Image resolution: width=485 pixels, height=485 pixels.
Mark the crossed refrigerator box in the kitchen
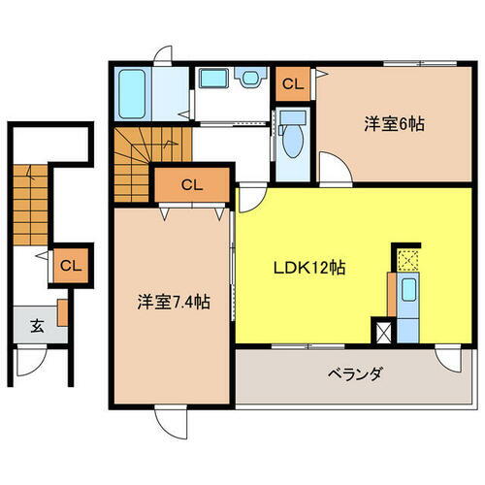pyautogui.click(x=384, y=330)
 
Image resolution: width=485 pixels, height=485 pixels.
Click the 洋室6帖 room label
pyautogui.click(x=394, y=125)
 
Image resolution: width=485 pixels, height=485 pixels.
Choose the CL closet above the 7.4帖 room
pyautogui.click(x=192, y=183)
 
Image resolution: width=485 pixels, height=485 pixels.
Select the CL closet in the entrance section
pyautogui.click(x=71, y=265)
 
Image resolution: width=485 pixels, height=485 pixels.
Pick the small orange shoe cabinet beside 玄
pyautogui.click(x=61, y=312)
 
